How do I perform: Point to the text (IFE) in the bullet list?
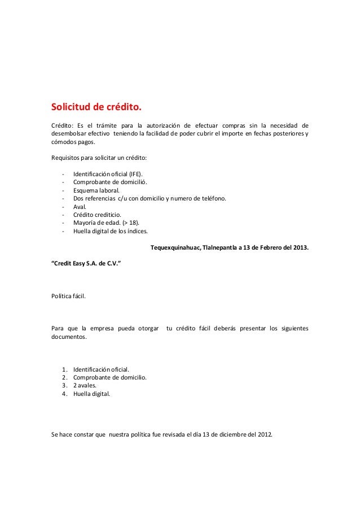coord(135,174)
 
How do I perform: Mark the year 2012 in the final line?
coord(262,434)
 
